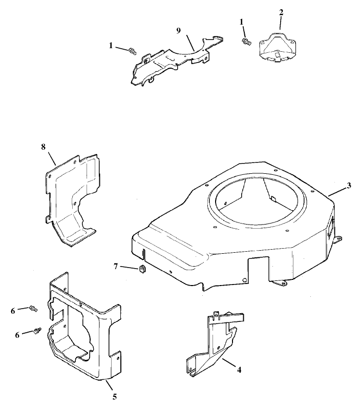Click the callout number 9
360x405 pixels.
click(178, 31)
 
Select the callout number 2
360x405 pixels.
click(281, 11)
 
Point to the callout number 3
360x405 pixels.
click(349, 186)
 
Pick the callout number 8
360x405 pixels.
click(43, 147)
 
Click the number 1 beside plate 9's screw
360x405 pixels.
click(111, 46)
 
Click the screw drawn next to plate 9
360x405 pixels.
click(133, 51)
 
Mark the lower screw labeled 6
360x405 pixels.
click(37, 331)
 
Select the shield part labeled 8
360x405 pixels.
click(72, 200)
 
